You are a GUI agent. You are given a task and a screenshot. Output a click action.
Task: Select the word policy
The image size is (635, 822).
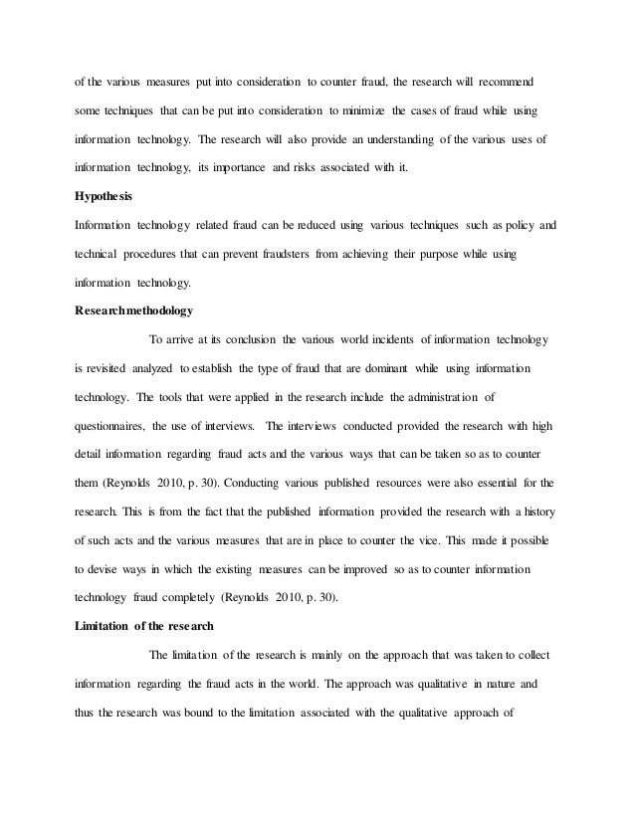click(517, 226)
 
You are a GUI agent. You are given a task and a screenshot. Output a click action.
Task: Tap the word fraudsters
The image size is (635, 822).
click(281, 254)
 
